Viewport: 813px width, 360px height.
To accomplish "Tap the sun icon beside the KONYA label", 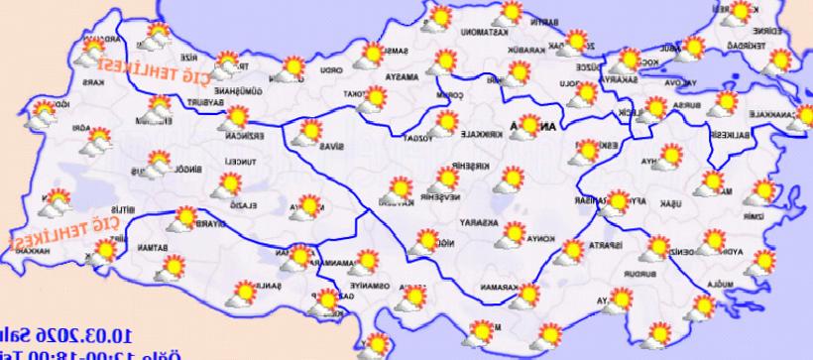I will [513, 235].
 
